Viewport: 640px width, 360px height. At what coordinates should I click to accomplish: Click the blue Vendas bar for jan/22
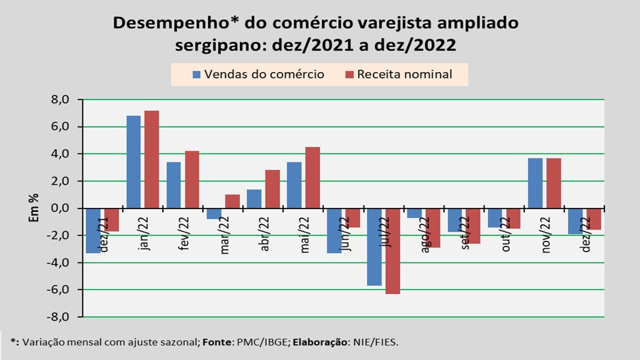pyautogui.click(x=133, y=162)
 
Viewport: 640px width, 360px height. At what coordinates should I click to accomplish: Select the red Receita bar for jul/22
pyautogui.click(x=392, y=251)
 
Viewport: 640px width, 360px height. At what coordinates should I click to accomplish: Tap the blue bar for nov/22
pyautogui.click(x=535, y=183)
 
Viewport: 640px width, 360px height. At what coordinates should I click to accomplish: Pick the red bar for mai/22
pyautogui.click(x=312, y=177)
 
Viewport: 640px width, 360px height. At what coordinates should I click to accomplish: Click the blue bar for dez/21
pyautogui.click(x=93, y=230)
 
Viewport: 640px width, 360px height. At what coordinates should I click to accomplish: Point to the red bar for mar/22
pyautogui.click(x=232, y=201)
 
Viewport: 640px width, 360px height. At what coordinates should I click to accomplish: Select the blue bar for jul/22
pyautogui.click(x=374, y=247)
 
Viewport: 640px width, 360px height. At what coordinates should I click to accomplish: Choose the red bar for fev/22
pyautogui.click(x=192, y=179)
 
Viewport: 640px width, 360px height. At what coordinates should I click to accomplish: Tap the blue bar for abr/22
pyautogui.click(x=254, y=198)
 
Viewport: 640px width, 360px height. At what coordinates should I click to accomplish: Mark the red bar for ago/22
pyautogui.click(x=433, y=228)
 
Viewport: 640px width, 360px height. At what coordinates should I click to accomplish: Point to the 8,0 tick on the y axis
pyautogui.click(x=59, y=100)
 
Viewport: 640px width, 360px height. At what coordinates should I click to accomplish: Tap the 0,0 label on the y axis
pyautogui.click(x=59, y=208)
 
